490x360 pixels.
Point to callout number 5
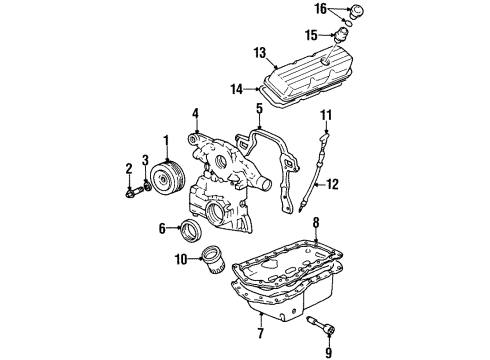tap(257, 107)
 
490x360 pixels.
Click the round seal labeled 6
tap(186, 233)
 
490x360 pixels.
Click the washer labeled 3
tap(149, 182)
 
